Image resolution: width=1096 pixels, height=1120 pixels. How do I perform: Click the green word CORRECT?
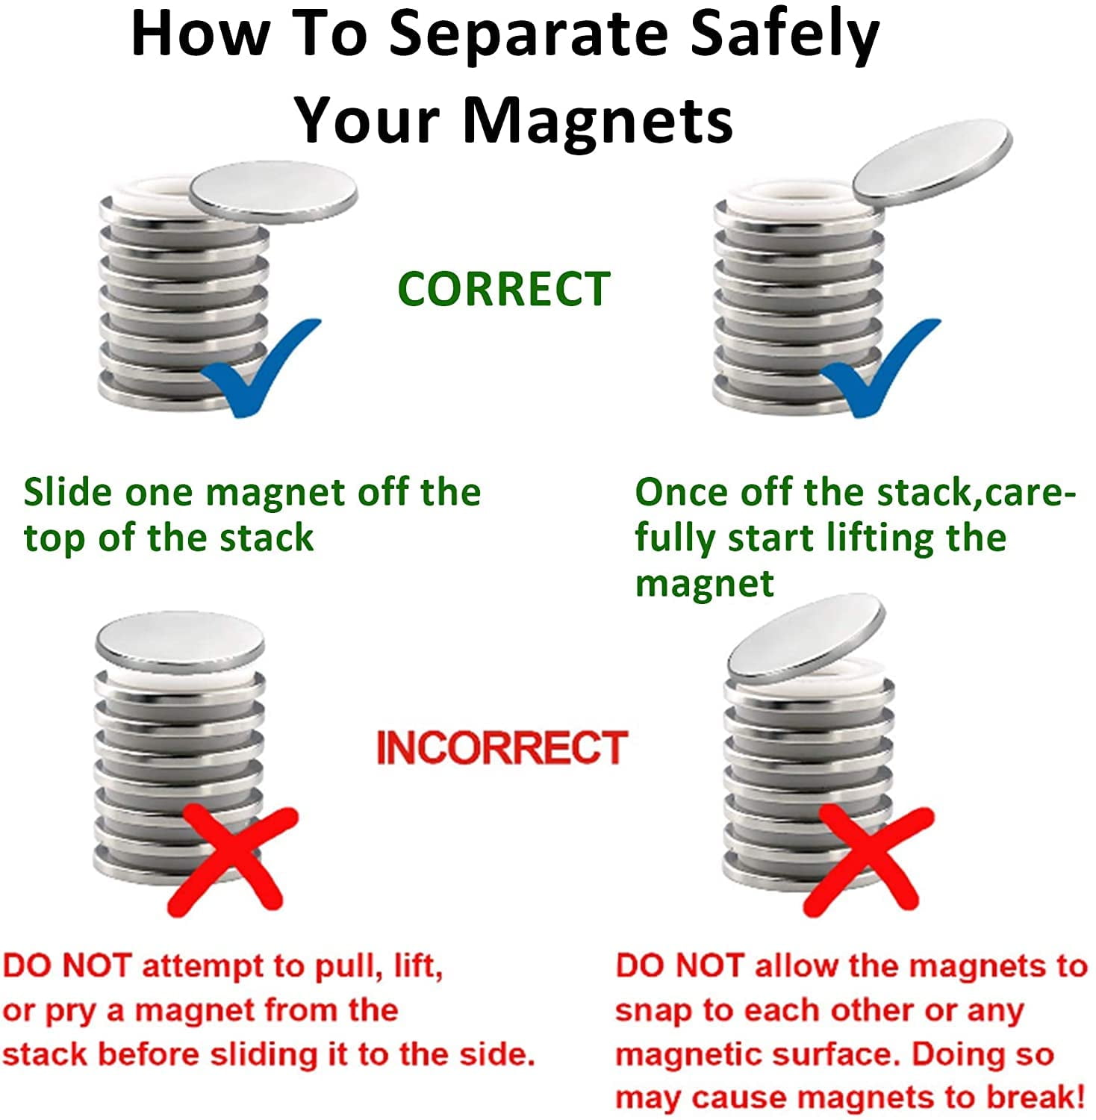(x=504, y=289)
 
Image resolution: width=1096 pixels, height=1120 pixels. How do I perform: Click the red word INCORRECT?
(x=502, y=748)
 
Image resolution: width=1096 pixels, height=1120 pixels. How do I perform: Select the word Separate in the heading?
(x=529, y=35)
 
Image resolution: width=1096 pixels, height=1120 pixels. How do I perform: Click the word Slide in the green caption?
(x=68, y=493)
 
